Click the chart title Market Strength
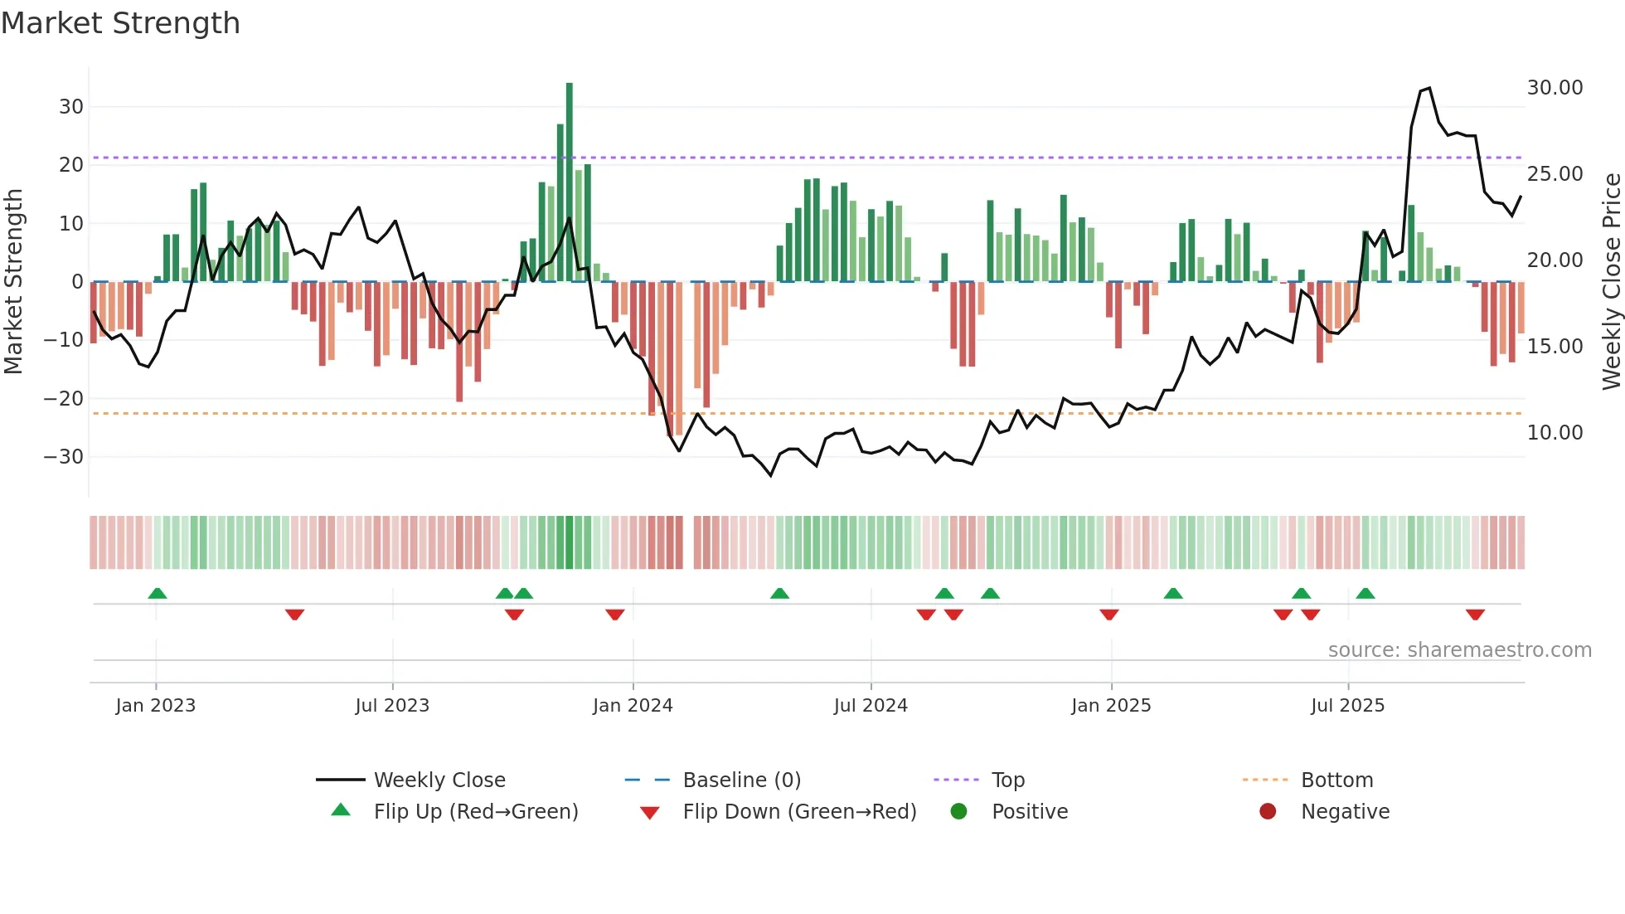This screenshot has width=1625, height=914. [120, 23]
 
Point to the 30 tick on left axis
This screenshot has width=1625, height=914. [71, 107]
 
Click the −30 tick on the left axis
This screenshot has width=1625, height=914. [64, 457]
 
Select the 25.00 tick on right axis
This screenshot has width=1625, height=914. [1555, 174]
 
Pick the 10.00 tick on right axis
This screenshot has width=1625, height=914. [1555, 433]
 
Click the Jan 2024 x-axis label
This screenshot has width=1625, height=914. [633, 706]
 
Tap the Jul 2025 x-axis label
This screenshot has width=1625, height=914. [1347, 706]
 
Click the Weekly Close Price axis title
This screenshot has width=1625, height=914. [1611, 282]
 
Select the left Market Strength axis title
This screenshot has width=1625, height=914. [13, 282]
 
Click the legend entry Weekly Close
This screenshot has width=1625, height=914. [439, 780]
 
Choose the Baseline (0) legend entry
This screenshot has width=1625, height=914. [741, 780]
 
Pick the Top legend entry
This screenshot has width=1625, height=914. [1007, 780]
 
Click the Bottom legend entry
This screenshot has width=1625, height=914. [1336, 780]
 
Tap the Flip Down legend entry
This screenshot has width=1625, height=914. [798, 812]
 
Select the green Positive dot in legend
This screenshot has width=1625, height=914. [959, 812]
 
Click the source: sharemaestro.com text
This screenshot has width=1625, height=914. [1459, 650]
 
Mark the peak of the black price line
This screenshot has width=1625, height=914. [1429, 88]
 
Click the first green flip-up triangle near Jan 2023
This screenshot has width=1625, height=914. [158, 593]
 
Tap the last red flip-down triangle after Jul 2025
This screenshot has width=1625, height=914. [1475, 615]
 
